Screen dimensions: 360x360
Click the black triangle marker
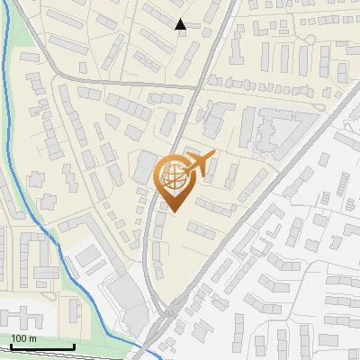pos(181,24)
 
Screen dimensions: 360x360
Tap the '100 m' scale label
pos(23,338)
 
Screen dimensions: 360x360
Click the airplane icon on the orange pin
pos(200,164)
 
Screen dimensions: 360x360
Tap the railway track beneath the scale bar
pos(54,355)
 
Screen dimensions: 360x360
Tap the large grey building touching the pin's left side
pos(144,166)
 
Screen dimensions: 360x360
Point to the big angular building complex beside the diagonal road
pos(270,130)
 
